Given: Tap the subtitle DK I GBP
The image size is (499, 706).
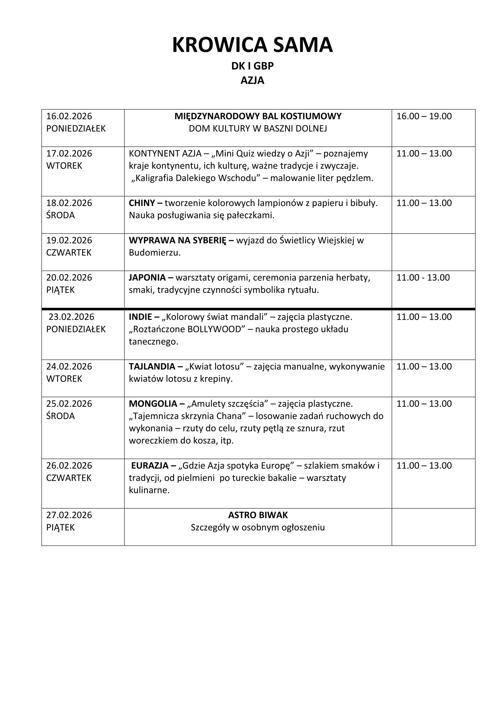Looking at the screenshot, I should click(x=252, y=66).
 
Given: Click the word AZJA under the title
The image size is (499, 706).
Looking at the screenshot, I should click(x=252, y=80).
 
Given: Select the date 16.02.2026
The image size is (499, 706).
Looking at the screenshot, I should click(x=69, y=116).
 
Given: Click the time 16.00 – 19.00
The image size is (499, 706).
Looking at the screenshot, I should click(x=424, y=116).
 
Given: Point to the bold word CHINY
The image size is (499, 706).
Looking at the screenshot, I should click(x=142, y=203).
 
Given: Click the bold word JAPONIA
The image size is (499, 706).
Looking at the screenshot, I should click(x=147, y=277).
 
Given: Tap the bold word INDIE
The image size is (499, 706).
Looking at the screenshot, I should click(x=140, y=317).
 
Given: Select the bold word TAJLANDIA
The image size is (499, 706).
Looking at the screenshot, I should click(x=152, y=366).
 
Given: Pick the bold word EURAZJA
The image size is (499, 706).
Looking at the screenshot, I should click(x=149, y=465).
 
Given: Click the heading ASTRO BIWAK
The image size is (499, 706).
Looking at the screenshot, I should click(x=258, y=515).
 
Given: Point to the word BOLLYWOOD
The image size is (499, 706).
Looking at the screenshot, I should click(x=214, y=329).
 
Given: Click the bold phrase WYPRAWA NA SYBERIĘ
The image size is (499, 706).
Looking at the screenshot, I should click(x=177, y=240).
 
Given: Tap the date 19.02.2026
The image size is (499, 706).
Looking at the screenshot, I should click(x=69, y=240).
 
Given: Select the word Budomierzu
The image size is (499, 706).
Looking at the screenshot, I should click(x=154, y=253).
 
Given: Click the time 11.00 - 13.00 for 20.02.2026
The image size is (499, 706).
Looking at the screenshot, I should click(x=423, y=277).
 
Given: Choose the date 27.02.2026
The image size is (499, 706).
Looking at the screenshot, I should click(x=69, y=515).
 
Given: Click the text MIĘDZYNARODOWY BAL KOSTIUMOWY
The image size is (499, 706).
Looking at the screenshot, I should click(x=258, y=116).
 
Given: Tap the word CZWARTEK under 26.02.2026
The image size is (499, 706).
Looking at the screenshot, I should click(x=69, y=478).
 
